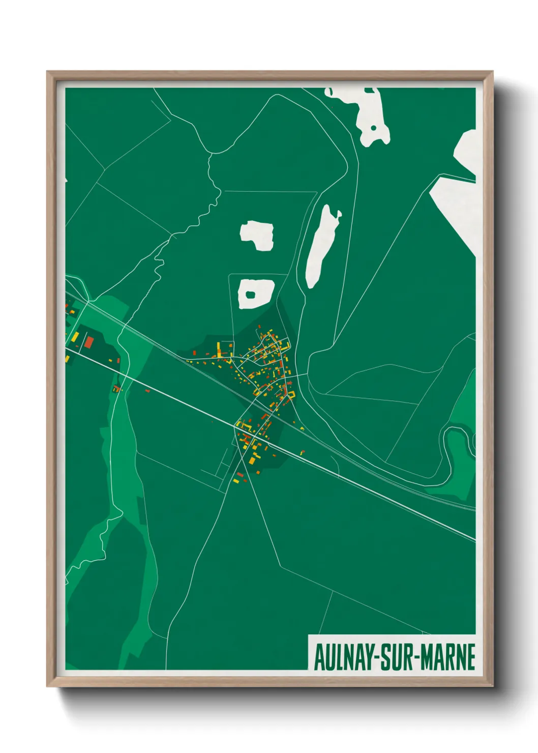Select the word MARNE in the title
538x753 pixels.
tap(447, 657)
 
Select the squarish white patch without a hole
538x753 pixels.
tap(257, 235)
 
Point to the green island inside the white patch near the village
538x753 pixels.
tap(251, 294)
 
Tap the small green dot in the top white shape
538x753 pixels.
tap(373, 128)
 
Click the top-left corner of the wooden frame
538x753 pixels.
tap(48, 72)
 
